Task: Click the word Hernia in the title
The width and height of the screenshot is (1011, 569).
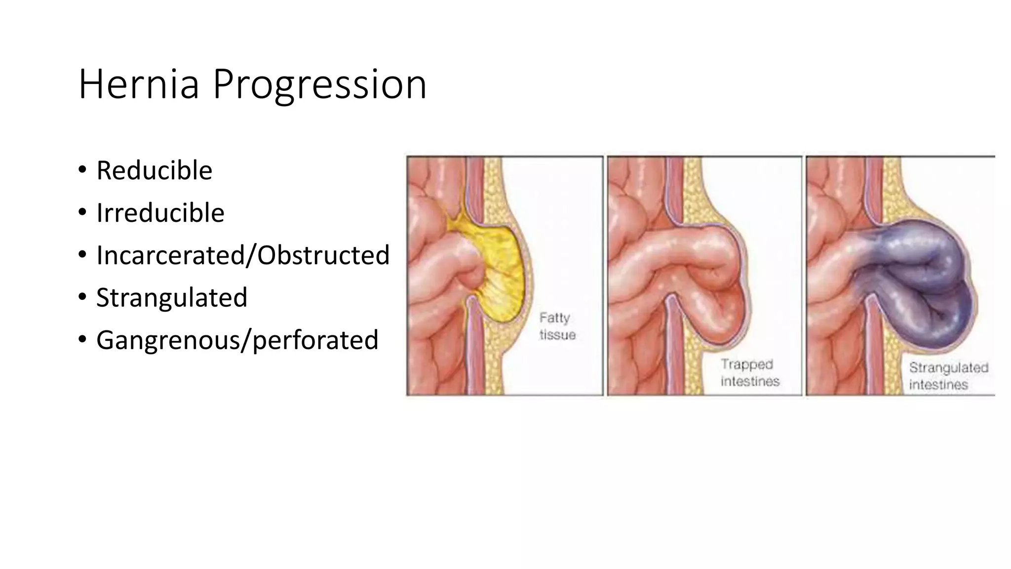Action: (139, 84)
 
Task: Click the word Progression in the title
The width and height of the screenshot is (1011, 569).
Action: (319, 85)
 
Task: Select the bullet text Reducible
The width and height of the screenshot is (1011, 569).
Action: (154, 170)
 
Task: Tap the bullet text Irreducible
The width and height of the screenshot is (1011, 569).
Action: (160, 213)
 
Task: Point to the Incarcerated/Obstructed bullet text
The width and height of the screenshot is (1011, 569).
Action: (243, 255)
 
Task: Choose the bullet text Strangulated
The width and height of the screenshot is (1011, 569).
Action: (171, 297)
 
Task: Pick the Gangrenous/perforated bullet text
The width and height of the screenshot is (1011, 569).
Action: (237, 340)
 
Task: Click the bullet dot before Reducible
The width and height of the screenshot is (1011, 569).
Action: (82, 170)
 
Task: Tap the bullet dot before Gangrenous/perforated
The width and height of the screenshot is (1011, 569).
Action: (82, 339)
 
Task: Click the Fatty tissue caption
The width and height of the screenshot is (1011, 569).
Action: (557, 326)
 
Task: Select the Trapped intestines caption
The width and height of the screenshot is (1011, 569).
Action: (749, 373)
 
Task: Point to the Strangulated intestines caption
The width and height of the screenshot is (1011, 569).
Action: (948, 376)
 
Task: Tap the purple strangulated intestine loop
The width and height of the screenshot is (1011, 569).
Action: (923, 286)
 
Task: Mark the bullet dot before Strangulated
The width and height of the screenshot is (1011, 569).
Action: (82, 297)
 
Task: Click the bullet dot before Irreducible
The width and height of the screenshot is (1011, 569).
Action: (82, 212)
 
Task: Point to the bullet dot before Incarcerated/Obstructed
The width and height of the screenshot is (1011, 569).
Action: (82, 255)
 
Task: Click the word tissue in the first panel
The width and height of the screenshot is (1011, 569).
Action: (557, 335)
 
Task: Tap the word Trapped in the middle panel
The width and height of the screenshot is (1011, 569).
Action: (746, 365)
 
